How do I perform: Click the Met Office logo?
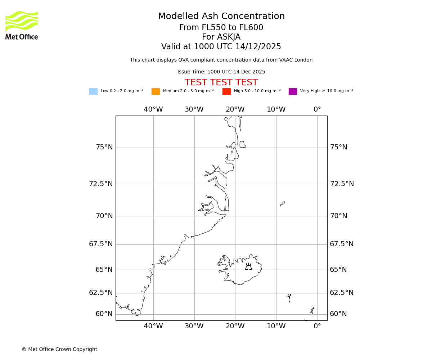(22, 25)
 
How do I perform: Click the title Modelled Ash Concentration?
(221, 17)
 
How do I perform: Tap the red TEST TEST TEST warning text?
(221, 83)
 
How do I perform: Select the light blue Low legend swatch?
(93, 91)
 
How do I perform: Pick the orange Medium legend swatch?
(156, 91)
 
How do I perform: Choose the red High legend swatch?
(226, 91)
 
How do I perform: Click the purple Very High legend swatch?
(293, 91)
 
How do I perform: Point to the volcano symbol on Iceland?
(248, 267)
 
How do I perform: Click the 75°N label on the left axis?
(104, 147)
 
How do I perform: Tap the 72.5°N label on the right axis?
(342, 184)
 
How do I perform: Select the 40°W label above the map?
(153, 109)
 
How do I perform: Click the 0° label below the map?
(317, 326)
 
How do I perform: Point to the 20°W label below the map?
(235, 326)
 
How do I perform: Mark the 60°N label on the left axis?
(104, 314)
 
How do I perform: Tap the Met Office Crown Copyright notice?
(59, 350)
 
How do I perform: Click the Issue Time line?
(221, 72)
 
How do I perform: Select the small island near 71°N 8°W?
(282, 204)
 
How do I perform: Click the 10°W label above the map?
(276, 109)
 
